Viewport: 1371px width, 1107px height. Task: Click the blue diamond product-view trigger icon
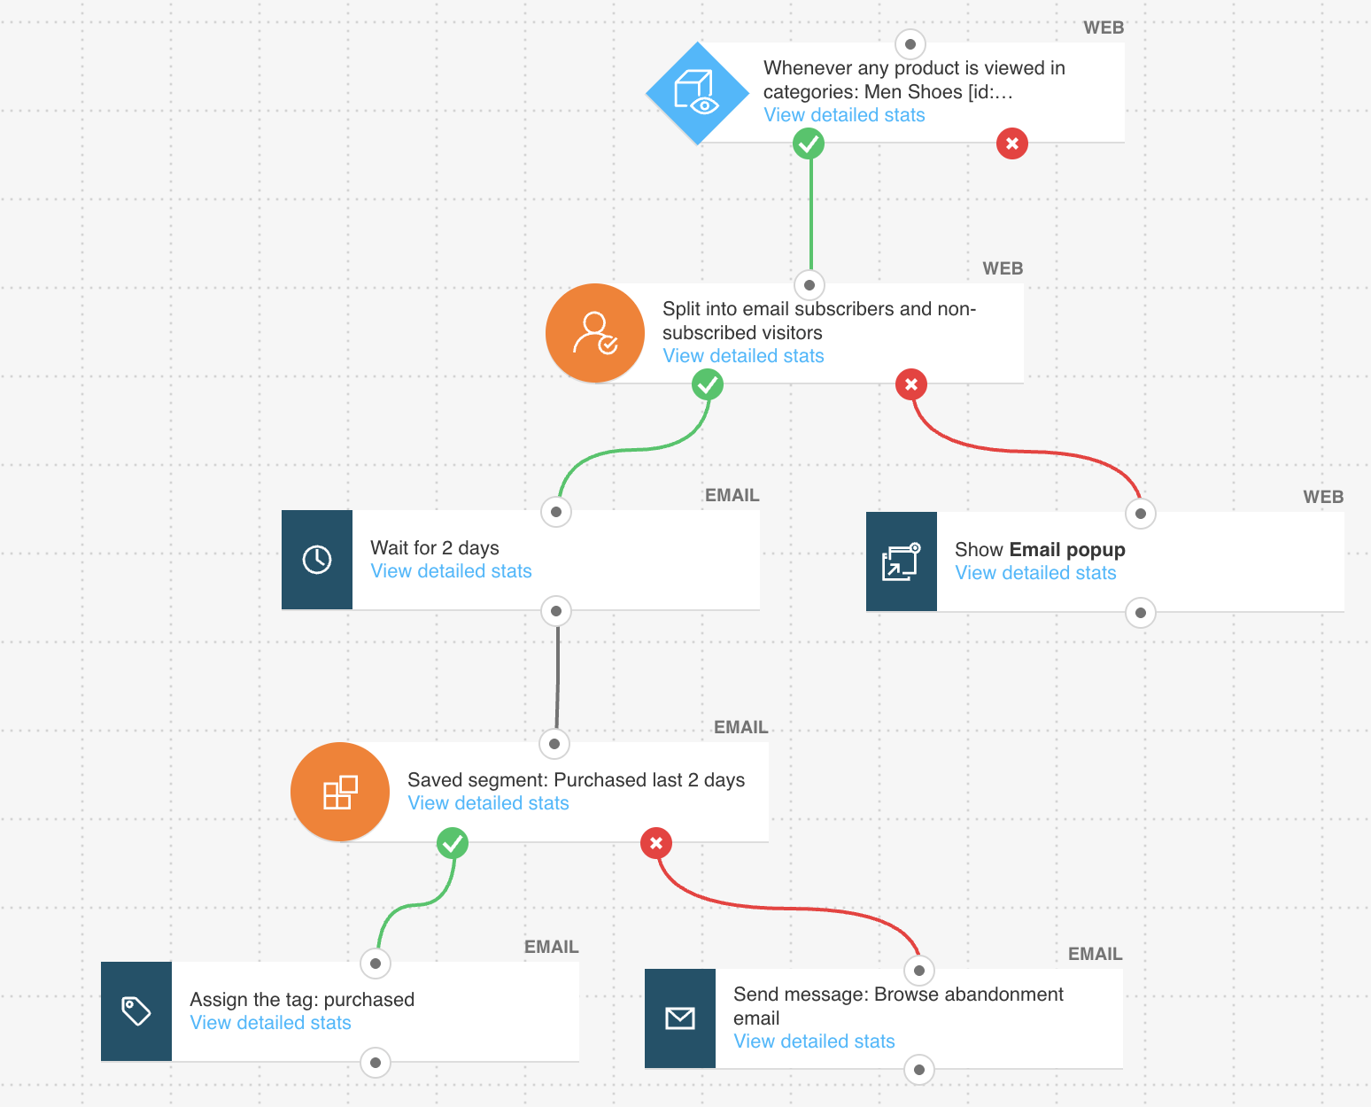pos(698,93)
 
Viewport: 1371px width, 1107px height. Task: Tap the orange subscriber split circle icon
pos(595,333)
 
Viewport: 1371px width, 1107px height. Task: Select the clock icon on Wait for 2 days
pos(317,560)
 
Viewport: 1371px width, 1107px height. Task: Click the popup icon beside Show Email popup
pos(902,561)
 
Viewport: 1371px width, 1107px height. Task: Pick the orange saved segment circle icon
pos(340,792)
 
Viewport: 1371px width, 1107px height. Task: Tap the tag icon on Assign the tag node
pos(136,1011)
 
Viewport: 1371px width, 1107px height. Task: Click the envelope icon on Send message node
pos(680,1018)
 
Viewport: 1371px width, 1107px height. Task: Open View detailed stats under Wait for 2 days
pos(451,571)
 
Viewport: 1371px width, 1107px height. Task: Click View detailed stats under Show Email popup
pos(1035,573)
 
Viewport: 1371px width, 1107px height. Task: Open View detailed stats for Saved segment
pos(488,803)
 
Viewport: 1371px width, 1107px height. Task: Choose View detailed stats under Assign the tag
pos(270,1023)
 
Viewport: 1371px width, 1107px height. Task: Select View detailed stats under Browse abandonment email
pos(814,1041)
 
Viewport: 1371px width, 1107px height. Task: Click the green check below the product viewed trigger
pos(809,143)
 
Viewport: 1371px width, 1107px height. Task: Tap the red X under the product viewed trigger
pos(1012,143)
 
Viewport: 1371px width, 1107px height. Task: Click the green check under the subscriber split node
pos(708,384)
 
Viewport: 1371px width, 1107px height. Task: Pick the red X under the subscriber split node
pos(911,384)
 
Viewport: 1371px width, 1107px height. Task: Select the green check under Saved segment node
pos(453,843)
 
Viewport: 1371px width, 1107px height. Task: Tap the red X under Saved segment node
pos(656,843)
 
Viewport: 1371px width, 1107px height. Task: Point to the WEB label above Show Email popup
pos(1323,498)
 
